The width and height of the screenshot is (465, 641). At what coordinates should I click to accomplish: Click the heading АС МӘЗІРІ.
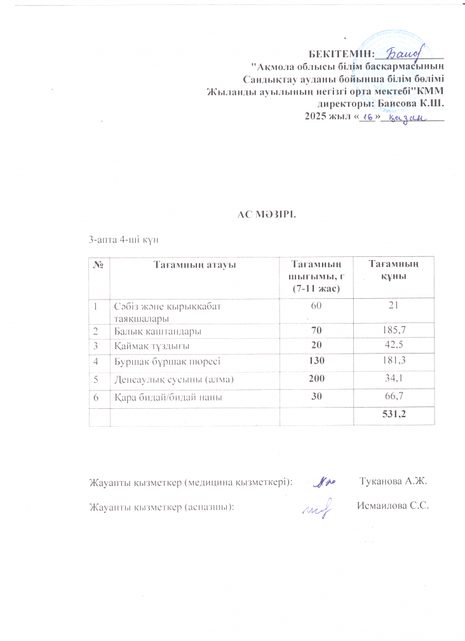[262, 213]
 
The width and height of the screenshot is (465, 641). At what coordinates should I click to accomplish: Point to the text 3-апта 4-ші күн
[123, 240]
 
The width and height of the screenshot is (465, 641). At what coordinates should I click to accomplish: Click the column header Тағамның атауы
[194, 265]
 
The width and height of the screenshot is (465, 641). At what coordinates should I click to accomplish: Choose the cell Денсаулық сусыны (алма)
[175, 380]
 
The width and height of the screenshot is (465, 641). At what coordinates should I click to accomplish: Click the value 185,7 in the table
[393, 331]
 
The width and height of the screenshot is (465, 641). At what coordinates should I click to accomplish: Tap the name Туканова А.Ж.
[393, 482]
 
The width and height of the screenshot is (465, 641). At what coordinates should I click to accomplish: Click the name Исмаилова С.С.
[393, 507]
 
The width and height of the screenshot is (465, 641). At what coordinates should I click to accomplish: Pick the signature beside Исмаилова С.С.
[317, 508]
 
